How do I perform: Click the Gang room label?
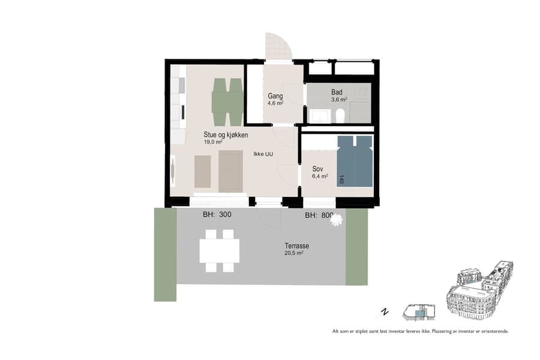click(x=275, y=95)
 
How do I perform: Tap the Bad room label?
click(x=337, y=92)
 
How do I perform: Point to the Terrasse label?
click(x=297, y=246)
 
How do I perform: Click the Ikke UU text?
click(x=263, y=154)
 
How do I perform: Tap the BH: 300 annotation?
click(x=217, y=214)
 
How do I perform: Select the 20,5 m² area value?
click(x=295, y=253)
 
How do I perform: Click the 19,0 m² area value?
click(x=213, y=143)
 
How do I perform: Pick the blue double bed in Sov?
click(x=354, y=161)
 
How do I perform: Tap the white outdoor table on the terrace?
click(x=219, y=250)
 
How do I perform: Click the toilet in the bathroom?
click(x=340, y=115)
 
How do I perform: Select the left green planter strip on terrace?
click(x=165, y=254)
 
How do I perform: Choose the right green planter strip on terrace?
click(x=356, y=247)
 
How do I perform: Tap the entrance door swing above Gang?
click(x=278, y=47)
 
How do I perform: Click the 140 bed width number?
click(x=342, y=179)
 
